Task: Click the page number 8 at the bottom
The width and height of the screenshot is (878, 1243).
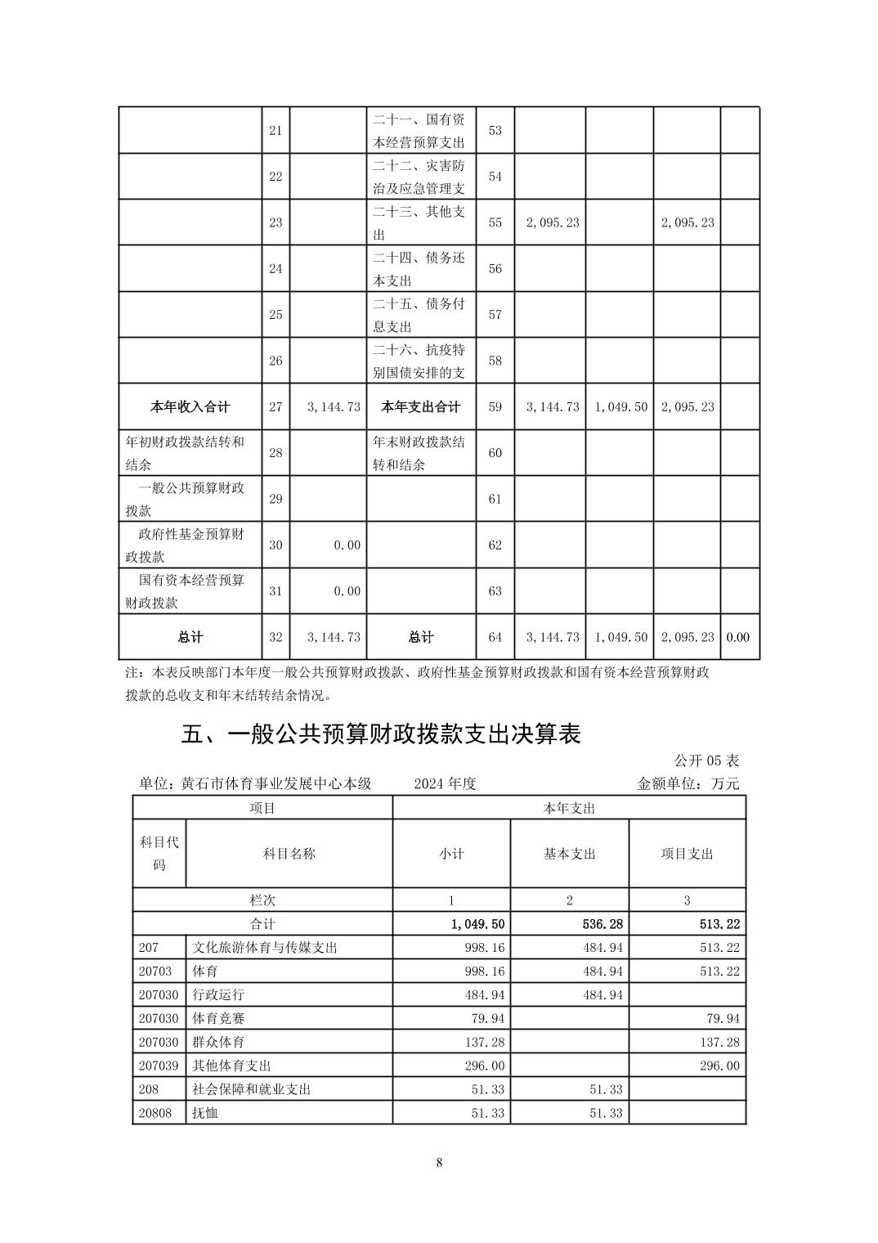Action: pos(439,1163)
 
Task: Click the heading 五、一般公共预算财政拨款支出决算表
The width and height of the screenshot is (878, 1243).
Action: pos(380,734)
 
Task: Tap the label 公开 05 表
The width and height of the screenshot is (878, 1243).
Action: pos(706,761)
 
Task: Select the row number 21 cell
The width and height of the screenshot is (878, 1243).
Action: pos(275,131)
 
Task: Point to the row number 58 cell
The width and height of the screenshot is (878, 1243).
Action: pos(495,361)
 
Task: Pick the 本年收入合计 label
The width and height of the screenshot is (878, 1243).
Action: pos(190,406)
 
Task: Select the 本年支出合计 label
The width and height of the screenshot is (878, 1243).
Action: pos(420,406)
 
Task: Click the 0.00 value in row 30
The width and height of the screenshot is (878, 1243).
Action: pos(347,545)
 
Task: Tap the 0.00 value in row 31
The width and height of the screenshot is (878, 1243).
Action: pos(347,591)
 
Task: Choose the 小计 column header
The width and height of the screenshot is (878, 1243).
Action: pos(451,854)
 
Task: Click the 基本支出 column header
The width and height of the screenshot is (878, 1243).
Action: pos(569,854)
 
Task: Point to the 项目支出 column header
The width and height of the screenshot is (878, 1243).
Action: pos(687,854)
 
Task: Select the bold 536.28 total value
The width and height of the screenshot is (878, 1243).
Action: pos(604,924)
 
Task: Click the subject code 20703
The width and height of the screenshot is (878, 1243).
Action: pos(155,972)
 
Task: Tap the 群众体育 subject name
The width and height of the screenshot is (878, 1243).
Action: pos(218,1042)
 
